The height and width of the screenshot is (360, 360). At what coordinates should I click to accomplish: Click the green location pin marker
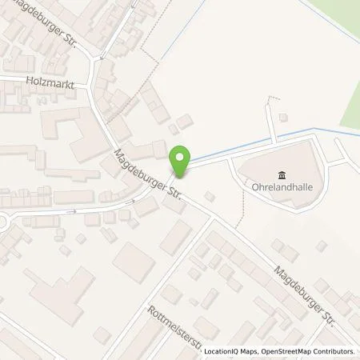click(x=182, y=162)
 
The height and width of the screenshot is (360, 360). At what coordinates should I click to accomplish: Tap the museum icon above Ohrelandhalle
click(x=281, y=176)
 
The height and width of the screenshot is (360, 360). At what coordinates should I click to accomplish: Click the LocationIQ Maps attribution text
click(x=232, y=351)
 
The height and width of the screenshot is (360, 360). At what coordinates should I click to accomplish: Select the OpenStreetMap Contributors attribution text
click(x=308, y=351)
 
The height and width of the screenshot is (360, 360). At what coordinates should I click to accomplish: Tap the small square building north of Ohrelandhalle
click(x=282, y=117)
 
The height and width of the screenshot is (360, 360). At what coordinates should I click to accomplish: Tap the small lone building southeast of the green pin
click(x=210, y=196)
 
